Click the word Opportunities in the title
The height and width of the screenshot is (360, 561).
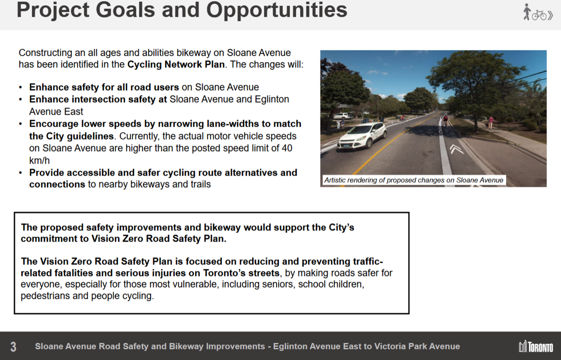(x=277, y=11)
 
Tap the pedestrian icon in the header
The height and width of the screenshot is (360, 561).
(x=526, y=12)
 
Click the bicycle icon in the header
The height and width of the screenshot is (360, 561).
(x=539, y=15)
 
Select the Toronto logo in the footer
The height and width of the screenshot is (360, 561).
(x=536, y=346)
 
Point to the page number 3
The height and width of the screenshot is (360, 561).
(x=13, y=347)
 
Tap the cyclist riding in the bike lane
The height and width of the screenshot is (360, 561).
(x=445, y=123)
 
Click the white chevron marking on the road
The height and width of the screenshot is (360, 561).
(x=456, y=149)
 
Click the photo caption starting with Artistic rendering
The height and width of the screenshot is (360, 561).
(x=414, y=180)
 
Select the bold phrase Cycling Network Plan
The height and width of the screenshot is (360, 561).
(x=176, y=64)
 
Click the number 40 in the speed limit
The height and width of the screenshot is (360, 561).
(x=287, y=148)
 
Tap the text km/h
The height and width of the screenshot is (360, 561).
(x=39, y=160)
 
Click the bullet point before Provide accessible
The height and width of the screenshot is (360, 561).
(x=21, y=173)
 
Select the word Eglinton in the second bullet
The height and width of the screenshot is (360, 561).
(x=272, y=99)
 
